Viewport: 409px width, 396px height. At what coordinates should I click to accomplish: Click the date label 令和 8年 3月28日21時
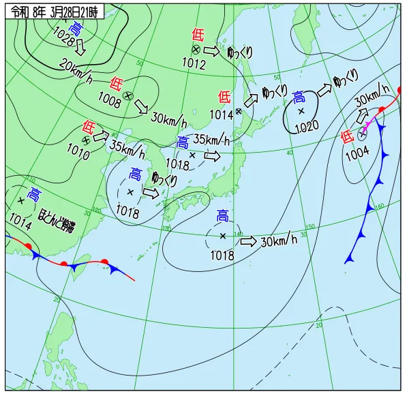tap(54, 11)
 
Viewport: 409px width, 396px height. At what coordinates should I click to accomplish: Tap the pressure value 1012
tap(194, 63)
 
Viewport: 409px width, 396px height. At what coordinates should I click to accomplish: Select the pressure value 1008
tap(109, 103)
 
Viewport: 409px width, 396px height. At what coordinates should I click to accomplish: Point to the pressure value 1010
tap(78, 154)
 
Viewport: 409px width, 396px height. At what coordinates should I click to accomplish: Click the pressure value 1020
tap(307, 127)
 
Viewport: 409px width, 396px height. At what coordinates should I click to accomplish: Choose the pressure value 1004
tap(357, 154)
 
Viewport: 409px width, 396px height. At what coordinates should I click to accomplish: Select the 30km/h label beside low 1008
tap(168, 120)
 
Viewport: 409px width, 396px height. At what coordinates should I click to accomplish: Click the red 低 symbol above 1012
tap(198, 34)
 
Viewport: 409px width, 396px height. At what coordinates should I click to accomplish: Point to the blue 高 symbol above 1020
tap(299, 97)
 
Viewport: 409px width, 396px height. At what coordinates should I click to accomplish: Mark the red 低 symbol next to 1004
tap(347, 136)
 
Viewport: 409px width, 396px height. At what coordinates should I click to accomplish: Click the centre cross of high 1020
tap(301, 110)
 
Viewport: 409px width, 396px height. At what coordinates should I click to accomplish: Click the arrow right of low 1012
tap(213, 51)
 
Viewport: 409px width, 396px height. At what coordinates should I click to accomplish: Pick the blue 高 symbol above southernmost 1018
tap(223, 217)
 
